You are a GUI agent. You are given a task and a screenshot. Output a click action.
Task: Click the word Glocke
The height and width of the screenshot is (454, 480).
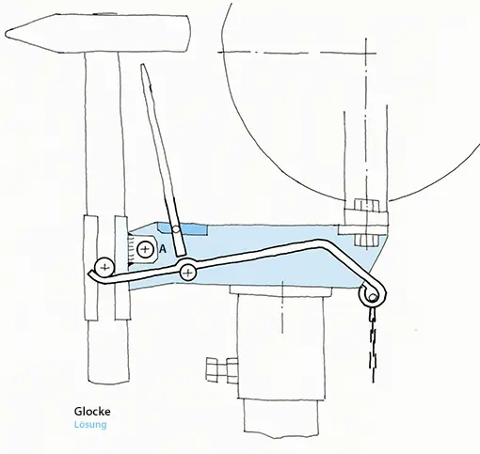pos(92,411)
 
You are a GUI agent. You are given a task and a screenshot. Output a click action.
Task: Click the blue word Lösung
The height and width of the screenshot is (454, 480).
pos(90,425)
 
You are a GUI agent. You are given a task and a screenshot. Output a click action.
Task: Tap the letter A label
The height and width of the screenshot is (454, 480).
pos(163,249)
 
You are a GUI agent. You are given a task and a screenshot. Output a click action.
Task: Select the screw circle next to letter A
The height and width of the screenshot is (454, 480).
pos(145,249)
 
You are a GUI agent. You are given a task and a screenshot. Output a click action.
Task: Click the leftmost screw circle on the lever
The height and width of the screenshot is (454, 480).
pos(104,268)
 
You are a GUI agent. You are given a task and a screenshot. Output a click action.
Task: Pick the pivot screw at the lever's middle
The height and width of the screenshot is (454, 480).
pos(187,272)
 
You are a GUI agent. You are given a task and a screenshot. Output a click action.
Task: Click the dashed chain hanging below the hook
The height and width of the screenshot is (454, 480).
pos(374,345)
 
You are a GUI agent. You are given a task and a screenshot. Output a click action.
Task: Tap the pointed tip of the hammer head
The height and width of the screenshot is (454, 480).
pos(7,33)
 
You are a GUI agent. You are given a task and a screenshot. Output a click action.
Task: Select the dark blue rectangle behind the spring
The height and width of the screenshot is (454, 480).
pos(183,228)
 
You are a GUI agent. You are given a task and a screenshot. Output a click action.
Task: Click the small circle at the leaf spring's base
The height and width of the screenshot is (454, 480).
pos(176,229)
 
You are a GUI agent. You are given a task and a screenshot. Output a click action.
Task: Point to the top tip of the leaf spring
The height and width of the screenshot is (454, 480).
pos(143,65)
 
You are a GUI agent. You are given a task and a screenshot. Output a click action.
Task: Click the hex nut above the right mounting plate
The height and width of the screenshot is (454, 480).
pos(366,205)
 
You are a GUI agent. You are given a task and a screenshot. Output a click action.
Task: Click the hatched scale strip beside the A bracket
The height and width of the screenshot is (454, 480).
pos(132,250)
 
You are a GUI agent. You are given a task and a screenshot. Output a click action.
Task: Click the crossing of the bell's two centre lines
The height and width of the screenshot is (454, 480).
pos(366,53)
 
